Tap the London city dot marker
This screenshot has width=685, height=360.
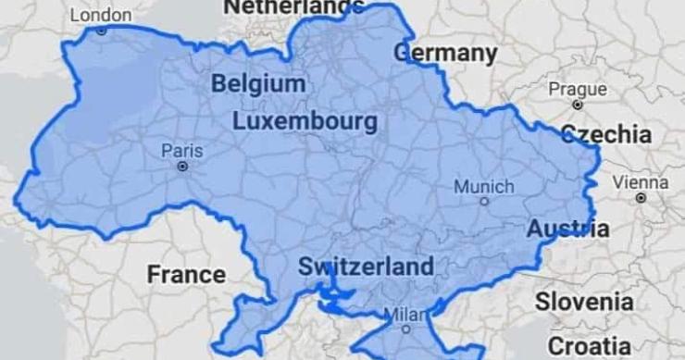click(102, 31)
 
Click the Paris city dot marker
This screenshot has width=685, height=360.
click(182, 167)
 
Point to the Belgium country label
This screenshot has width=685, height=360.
click(258, 84)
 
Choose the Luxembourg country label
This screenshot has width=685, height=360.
click(305, 121)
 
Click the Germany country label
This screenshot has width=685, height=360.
click(444, 52)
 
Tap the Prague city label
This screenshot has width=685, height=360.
click(578, 90)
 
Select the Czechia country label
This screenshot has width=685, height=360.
click(606, 133)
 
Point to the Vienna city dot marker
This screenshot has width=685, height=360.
click(641, 197)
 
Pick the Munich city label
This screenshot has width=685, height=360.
click(483, 186)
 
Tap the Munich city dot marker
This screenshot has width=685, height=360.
click(484, 200)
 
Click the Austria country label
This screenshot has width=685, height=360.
click(567, 228)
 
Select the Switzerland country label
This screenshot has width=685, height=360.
click(365, 267)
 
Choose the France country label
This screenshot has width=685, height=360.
click(185, 274)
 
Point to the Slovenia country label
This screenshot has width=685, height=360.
click(584, 301)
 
